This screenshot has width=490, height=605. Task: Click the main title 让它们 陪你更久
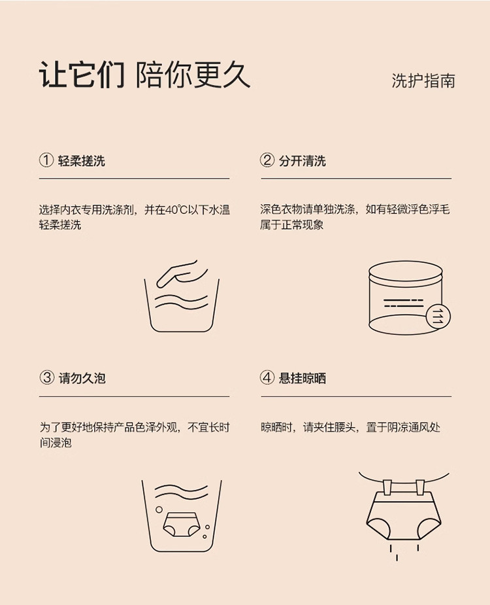[x=144, y=75]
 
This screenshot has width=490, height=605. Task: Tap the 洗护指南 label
[x=423, y=81]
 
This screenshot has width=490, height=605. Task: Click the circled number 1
[x=46, y=160]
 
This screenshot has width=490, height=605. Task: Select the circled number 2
[x=267, y=160]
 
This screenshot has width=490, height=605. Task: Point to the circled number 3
[x=46, y=377]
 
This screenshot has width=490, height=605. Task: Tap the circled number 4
[x=267, y=377]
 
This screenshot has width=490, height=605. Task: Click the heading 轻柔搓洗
[x=82, y=160]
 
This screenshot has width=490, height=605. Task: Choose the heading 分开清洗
[x=302, y=160]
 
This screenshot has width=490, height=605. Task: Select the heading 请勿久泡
[x=82, y=378]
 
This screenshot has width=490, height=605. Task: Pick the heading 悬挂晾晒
[x=302, y=378]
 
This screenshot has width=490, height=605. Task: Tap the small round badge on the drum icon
[x=438, y=317]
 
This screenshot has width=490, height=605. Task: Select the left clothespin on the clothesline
[x=387, y=486]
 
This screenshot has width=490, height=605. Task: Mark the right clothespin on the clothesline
[x=420, y=486]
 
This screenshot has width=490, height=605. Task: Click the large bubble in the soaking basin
[x=159, y=510]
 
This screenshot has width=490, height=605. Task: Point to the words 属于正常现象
[x=292, y=224]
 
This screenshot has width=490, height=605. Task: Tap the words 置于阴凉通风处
[x=403, y=427]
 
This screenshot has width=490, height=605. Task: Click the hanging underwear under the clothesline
[x=404, y=515]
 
